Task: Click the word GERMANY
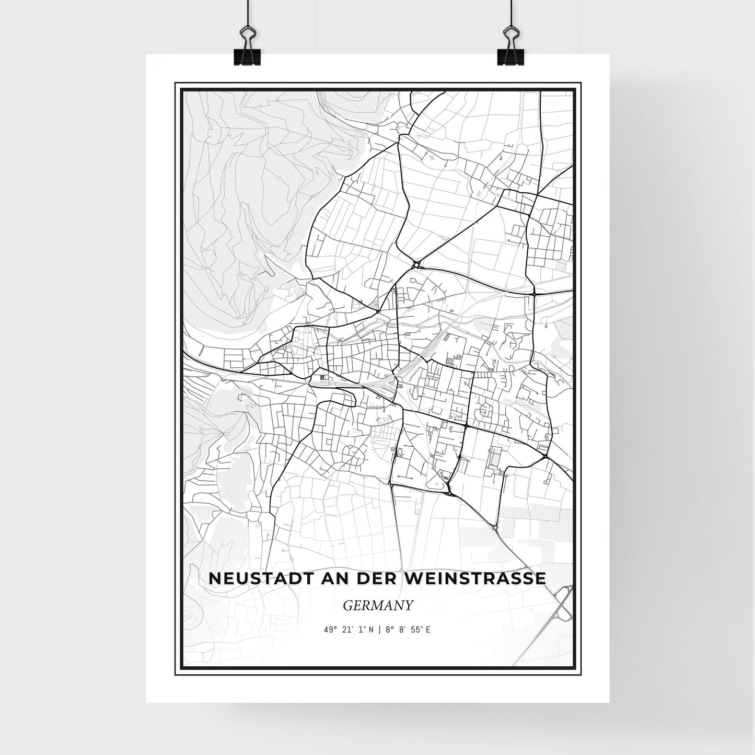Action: click(378, 605)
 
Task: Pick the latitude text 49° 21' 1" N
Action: click(349, 630)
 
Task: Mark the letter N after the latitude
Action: click(370, 630)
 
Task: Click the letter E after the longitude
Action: click(428, 630)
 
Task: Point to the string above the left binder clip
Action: click(246, 13)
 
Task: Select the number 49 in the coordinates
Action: click(327, 630)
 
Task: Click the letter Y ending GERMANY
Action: click(409, 605)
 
